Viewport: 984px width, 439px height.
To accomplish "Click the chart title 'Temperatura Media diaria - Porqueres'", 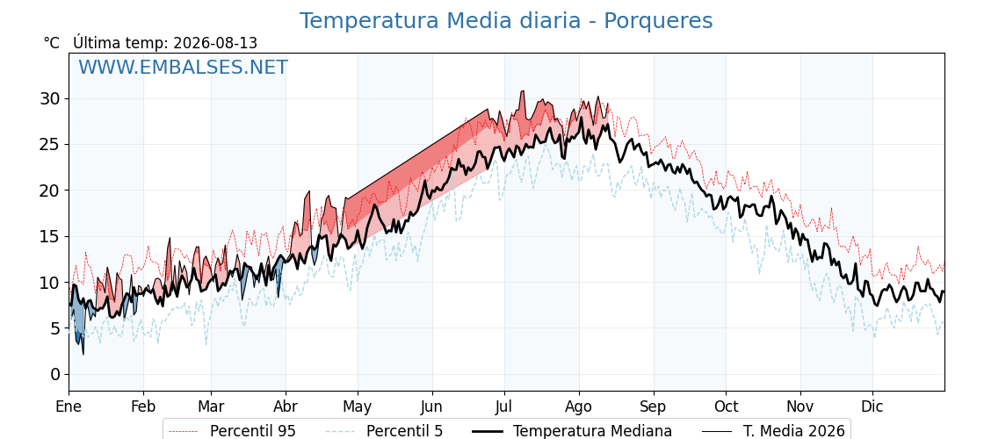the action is tap(506, 21).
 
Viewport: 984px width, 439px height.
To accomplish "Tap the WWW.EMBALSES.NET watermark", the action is tap(184, 67).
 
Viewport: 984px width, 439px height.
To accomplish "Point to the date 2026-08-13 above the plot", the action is tap(215, 43).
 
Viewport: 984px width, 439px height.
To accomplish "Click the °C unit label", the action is tap(52, 43).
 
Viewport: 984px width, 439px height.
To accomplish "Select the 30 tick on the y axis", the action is tap(51, 99).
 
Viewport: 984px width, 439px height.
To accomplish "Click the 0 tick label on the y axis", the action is tap(56, 374).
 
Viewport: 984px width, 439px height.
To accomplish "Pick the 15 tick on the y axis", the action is tap(51, 236).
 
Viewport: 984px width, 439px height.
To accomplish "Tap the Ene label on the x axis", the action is tap(69, 407).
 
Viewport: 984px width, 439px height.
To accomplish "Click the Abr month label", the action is tap(286, 407).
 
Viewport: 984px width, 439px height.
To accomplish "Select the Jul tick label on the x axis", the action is tap(504, 407).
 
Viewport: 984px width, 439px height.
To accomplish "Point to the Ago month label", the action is tap(579, 407).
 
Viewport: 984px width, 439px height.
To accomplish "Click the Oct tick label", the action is tap(726, 407).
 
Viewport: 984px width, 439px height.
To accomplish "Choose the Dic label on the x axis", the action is tap(872, 407).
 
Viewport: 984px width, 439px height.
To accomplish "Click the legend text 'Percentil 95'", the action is tap(253, 431).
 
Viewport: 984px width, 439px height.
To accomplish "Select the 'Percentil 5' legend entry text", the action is tap(404, 431).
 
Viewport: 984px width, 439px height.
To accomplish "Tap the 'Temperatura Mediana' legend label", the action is tap(592, 431).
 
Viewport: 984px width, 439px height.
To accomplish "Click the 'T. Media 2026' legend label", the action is tap(794, 431).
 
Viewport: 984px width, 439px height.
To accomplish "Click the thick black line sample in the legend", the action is tap(487, 431).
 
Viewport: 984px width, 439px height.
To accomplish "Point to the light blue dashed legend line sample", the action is tap(339, 431).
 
